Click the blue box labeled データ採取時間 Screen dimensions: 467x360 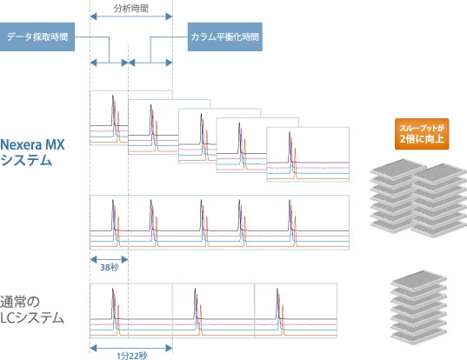tap(37, 37)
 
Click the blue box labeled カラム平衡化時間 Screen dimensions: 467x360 tap(225, 37)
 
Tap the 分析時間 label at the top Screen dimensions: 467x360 tap(131, 9)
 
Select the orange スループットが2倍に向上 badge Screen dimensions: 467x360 tap(422, 134)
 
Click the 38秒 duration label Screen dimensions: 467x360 tap(110, 268)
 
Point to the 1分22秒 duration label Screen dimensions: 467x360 tap(131, 356)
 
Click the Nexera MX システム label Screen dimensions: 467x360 tap(32, 152)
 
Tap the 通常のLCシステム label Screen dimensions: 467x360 tap(32, 310)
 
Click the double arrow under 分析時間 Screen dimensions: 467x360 tap(131, 17)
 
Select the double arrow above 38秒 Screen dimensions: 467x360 tap(109, 259)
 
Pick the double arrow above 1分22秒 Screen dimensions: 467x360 tap(131, 348)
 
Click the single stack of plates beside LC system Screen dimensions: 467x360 tap(419, 308)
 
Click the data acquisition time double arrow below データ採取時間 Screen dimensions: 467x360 tap(109, 63)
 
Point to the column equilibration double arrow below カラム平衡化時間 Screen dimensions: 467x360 tap(150, 63)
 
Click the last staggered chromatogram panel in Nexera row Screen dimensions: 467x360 tap(308, 154)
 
